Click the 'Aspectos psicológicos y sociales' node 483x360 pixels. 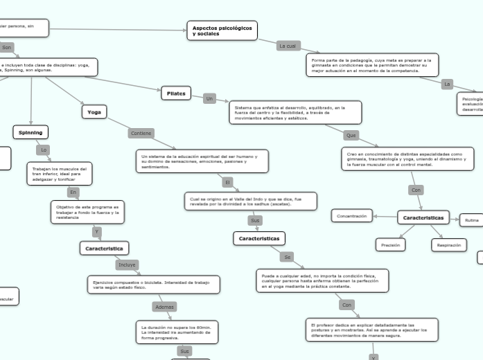pyautogui.click(x=222, y=30)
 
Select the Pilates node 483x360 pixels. pyautogui.click(x=176, y=93)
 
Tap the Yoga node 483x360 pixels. pyautogui.click(x=94, y=111)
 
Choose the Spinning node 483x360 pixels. pyautogui.click(x=30, y=132)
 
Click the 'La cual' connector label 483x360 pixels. pyautogui.click(x=288, y=46)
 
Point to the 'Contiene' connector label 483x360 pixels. pyautogui.click(x=141, y=133)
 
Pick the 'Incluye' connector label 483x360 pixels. pyautogui.click(x=127, y=264)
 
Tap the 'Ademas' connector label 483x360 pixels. pyautogui.click(x=165, y=306)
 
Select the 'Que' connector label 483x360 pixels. pyautogui.click(x=351, y=135)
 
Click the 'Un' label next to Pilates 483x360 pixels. pyautogui.click(x=210, y=99)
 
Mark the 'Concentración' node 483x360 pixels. pyautogui.click(x=351, y=216)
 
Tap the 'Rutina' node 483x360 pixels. pyautogui.click(x=471, y=221)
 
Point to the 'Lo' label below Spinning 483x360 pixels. pyautogui.click(x=44, y=150)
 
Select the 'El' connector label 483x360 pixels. pyautogui.click(x=227, y=183)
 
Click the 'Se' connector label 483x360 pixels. pyautogui.click(x=287, y=257)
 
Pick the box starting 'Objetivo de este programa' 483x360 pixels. pyautogui.click(x=87, y=212)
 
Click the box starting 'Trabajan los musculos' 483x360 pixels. pyautogui.click(x=59, y=174)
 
